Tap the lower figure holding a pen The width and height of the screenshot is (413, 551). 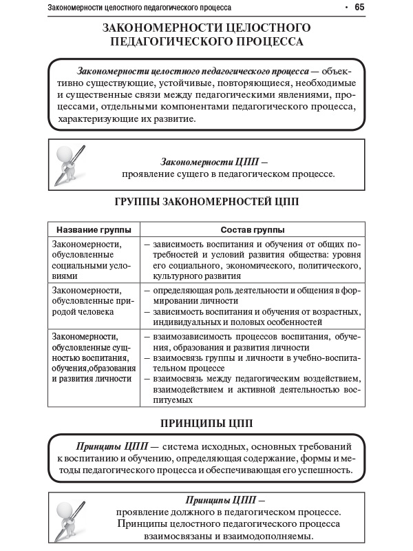point(70,517)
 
